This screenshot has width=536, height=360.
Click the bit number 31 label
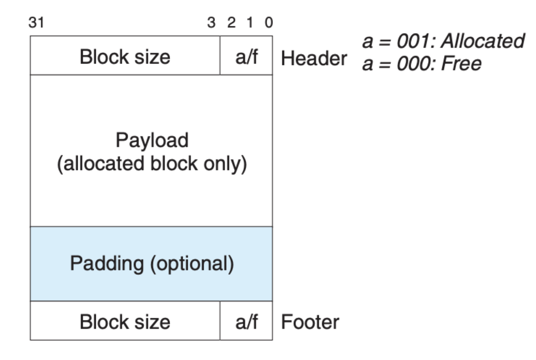tap(36, 23)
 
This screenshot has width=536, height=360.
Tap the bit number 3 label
tap(211, 23)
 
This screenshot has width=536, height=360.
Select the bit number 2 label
tap(231, 23)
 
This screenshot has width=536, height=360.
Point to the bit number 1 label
tap(250, 23)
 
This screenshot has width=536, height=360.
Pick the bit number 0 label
tap(269, 23)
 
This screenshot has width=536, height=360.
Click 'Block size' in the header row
tap(125, 57)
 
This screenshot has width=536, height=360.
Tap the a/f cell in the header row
tap(246, 56)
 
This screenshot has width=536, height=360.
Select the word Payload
tap(152, 140)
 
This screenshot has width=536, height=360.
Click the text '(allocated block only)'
tap(152, 164)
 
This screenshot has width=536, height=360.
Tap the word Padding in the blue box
tap(107, 263)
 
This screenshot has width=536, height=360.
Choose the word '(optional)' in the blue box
tap(192, 263)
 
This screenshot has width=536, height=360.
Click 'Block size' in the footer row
tap(125, 322)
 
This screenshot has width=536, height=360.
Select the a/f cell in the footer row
tap(246, 320)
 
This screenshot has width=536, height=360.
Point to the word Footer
tap(310, 322)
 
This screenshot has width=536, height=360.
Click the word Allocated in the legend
tap(483, 41)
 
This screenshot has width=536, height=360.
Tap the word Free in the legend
tap(461, 64)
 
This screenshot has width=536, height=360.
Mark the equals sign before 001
tap(385, 42)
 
